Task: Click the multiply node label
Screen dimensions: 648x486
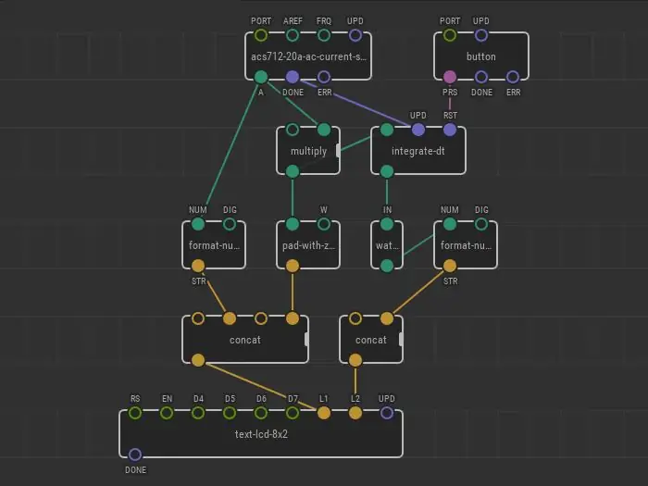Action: (x=308, y=151)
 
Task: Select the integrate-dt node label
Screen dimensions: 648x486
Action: (x=417, y=151)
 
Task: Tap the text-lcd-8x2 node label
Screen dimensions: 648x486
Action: (x=261, y=434)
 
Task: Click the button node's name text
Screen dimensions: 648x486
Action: (x=481, y=56)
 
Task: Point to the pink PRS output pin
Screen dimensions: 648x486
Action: (x=450, y=77)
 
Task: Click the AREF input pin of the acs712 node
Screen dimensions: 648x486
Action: (x=293, y=35)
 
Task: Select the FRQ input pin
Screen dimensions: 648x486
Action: (x=324, y=35)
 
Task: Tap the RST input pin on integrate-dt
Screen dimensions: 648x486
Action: (x=450, y=130)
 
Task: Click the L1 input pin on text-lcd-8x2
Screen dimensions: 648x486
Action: (x=324, y=413)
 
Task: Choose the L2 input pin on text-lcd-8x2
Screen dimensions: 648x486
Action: (x=355, y=413)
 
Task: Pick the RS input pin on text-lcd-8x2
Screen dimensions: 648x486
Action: (x=135, y=413)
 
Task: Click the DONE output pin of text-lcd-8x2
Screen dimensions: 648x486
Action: (x=135, y=455)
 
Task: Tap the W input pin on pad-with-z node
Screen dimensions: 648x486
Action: (x=324, y=224)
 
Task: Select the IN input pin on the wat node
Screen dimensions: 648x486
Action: (x=386, y=224)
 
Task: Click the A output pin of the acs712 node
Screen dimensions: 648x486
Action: (x=261, y=77)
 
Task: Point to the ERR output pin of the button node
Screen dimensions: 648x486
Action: (x=513, y=77)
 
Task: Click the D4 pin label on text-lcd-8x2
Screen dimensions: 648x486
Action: (x=198, y=399)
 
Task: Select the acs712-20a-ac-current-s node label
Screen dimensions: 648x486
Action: (x=308, y=56)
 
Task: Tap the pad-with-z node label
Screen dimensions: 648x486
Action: (x=308, y=245)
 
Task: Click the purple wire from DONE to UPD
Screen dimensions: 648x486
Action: (x=355, y=104)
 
